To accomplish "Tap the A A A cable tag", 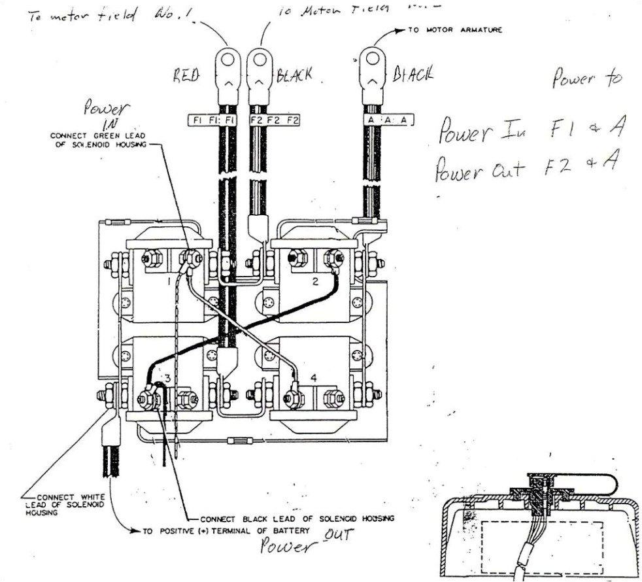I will tap(388, 120).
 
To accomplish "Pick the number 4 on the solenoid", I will tap(314, 378).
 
